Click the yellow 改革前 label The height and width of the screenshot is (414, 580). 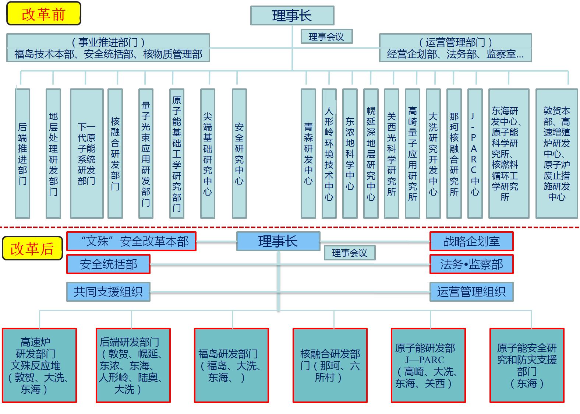click(x=43, y=14)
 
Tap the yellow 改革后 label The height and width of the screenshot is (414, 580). click(x=32, y=249)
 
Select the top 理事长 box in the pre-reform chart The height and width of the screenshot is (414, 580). click(x=292, y=15)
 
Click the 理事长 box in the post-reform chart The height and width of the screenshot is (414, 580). click(x=278, y=241)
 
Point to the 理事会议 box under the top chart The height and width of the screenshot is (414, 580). click(x=326, y=36)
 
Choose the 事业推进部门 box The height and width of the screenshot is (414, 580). click(x=108, y=48)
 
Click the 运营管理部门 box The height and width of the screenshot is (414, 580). click(x=455, y=48)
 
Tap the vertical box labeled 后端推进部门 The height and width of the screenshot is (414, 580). click(x=22, y=153)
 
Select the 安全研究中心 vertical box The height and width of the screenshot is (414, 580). click(x=239, y=153)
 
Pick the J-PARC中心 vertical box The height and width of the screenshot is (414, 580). click(x=475, y=153)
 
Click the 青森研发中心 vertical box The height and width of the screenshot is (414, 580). click(x=308, y=153)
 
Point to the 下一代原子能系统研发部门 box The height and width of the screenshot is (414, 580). click(x=86, y=153)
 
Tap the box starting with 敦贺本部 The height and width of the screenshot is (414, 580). click(x=556, y=153)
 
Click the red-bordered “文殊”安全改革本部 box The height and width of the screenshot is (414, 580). click(x=131, y=241)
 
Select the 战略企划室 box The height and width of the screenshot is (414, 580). click(x=471, y=241)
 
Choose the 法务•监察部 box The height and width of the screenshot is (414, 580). click(x=471, y=264)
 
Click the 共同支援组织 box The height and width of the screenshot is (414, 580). click(x=108, y=292)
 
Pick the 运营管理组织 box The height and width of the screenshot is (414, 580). click(x=471, y=292)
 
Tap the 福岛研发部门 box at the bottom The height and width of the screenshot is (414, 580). click(x=231, y=365)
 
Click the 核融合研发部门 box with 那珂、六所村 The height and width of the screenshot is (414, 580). click(x=330, y=365)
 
